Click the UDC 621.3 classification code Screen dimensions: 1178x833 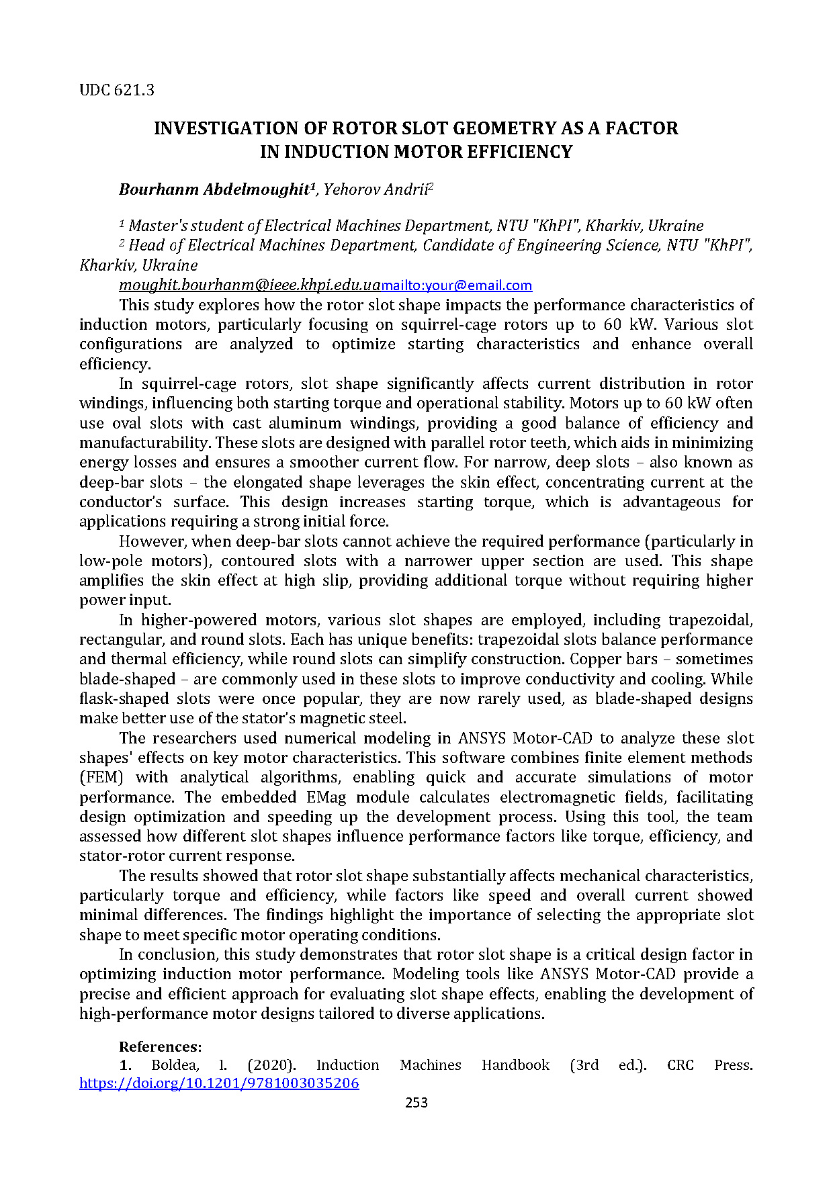point(117,89)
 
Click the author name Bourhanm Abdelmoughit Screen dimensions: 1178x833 point(214,189)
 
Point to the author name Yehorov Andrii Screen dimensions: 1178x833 point(376,189)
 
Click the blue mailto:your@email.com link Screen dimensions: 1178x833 point(457,285)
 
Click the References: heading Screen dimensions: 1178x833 point(160,1046)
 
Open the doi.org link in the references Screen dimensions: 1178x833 point(219,1083)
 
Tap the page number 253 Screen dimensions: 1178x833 point(416,1103)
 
